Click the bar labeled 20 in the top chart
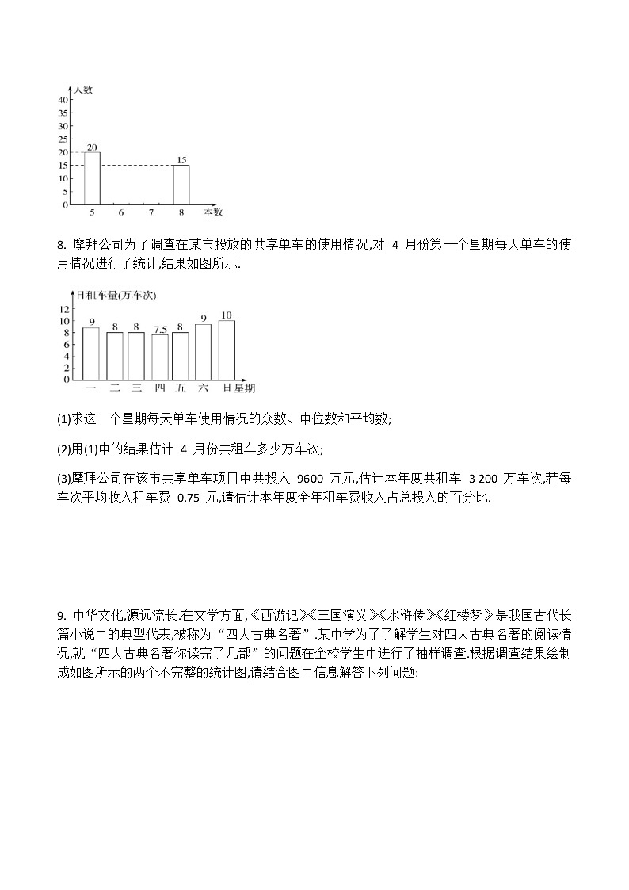93,178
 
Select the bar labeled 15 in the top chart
181,185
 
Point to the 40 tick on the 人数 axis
63,100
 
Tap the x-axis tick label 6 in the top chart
121,212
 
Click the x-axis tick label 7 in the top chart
151,212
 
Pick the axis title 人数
83,90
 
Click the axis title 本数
213,212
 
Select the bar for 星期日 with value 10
227,350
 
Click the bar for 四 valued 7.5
159,357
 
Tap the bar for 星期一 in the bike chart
91,353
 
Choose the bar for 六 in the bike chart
204,352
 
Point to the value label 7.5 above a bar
159,330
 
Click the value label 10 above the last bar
227,315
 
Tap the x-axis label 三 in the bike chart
136,388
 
